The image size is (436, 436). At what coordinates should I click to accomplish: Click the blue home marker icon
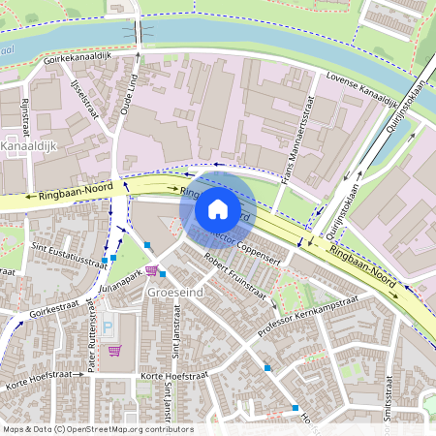[218, 209]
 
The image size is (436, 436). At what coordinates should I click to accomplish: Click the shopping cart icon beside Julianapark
[150, 270]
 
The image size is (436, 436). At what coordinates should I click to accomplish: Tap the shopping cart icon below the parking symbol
[114, 350]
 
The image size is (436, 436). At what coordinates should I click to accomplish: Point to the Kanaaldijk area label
[33, 145]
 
